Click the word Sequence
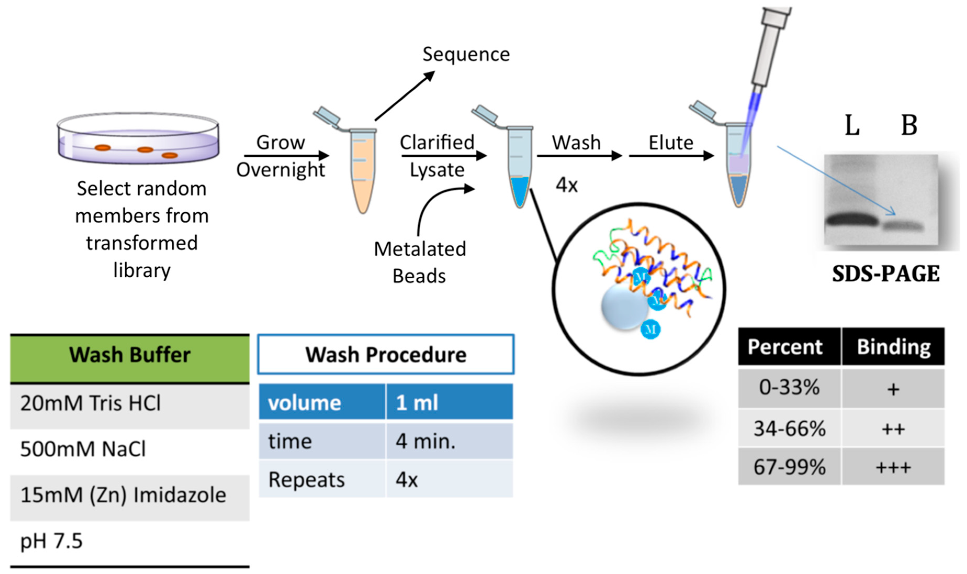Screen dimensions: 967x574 (x=466, y=54)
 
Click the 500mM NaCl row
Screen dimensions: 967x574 (x=130, y=449)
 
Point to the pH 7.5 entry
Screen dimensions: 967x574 (x=52, y=541)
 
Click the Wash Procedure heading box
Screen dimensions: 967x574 (x=386, y=354)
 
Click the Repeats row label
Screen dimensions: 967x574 (x=306, y=480)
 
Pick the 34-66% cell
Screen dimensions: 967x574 (x=789, y=428)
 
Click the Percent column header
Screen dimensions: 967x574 (x=789, y=346)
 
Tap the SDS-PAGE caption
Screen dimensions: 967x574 (x=886, y=274)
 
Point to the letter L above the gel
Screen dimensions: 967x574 (x=852, y=125)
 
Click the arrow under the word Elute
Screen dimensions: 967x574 (x=671, y=156)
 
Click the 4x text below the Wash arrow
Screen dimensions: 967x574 (x=567, y=185)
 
